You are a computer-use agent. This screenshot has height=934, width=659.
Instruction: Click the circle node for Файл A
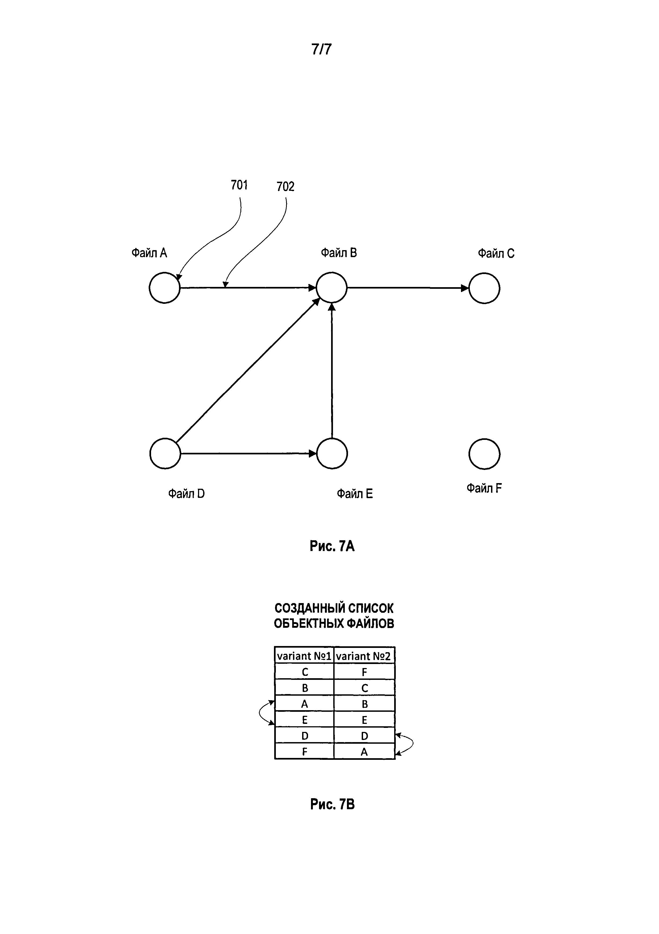coord(164,288)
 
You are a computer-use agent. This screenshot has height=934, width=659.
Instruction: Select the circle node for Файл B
coord(332,288)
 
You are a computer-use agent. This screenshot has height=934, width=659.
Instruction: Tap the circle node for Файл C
coord(484,288)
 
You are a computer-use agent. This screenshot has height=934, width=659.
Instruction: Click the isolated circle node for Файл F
coord(484,454)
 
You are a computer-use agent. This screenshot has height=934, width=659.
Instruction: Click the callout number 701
coord(239,185)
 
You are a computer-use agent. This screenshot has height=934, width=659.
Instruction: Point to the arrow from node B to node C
coord(407,288)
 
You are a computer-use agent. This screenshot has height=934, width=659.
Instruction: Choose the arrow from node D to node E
coord(248,453)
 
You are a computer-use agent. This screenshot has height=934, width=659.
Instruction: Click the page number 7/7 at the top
coord(321,49)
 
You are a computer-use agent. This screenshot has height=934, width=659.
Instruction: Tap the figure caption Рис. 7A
coord(332,546)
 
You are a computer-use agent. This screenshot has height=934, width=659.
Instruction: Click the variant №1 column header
coord(304,656)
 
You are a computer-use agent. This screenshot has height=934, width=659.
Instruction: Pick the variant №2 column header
coord(364,656)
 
